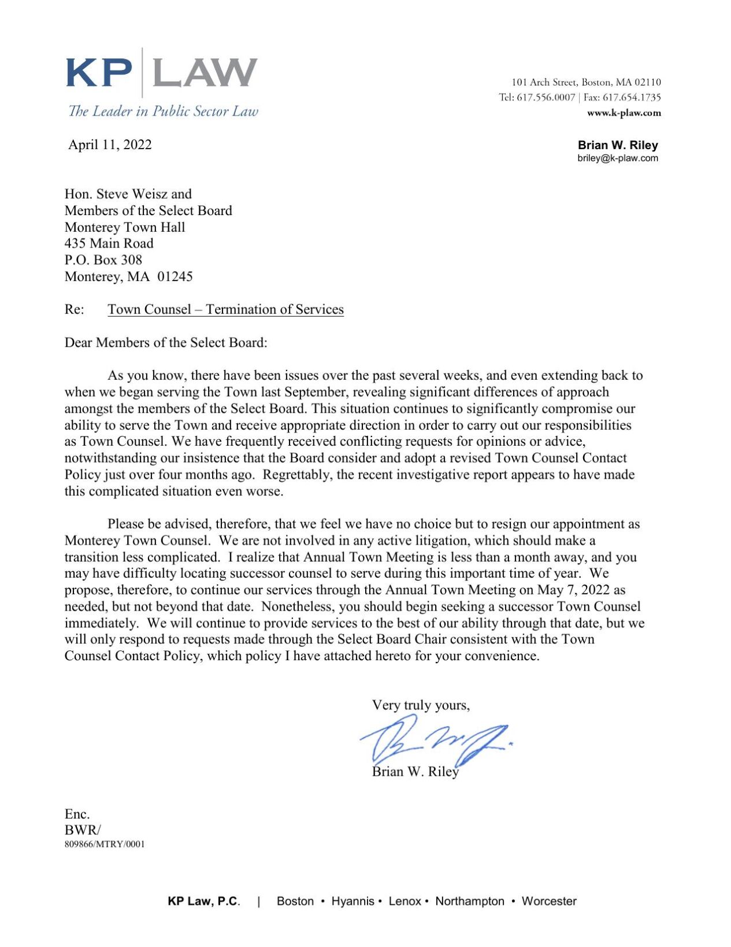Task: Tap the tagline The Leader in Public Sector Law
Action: [164, 111]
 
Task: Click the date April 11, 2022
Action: [110, 145]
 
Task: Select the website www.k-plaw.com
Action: [624, 113]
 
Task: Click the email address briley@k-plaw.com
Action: [617, 158]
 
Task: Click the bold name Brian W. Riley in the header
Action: [617, 145]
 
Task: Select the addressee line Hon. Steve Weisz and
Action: [128, 194]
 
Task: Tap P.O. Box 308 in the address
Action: [103, 260]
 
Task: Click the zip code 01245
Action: [175, 276]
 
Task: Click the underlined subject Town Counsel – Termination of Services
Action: [225, 309]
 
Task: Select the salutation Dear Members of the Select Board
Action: [166, 342]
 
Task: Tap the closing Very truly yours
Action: [421, 705]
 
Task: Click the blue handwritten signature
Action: [433, 742]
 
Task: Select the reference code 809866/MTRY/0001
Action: [105, 844]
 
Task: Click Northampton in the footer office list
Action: [469, 901]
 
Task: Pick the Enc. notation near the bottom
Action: [77, 814]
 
